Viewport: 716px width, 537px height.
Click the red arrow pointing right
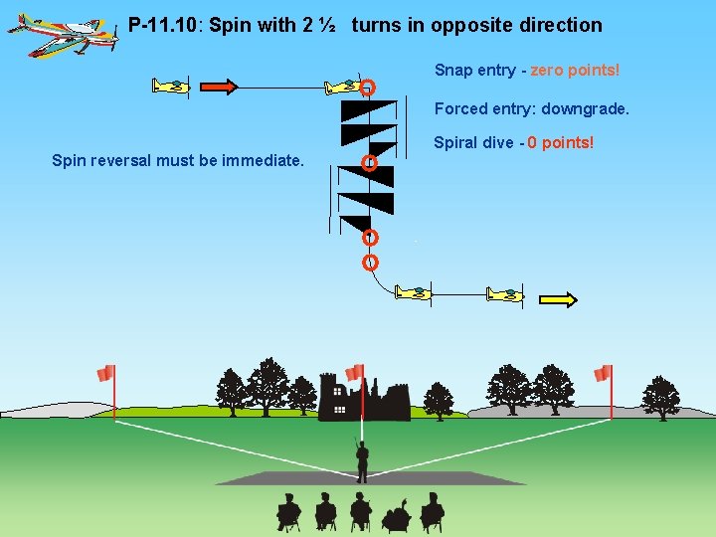(219, 87)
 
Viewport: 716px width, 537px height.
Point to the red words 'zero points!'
(575, 71)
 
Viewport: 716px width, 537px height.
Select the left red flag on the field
(105, 374)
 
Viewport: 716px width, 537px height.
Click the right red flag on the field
(603, 374)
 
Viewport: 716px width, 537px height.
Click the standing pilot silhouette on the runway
(362, 458)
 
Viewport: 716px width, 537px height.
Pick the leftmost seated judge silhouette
(288, 511)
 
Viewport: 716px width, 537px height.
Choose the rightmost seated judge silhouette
(432, 511)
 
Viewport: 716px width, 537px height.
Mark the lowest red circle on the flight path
(370, 263)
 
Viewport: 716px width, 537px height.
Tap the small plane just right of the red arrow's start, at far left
(171, 87)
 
